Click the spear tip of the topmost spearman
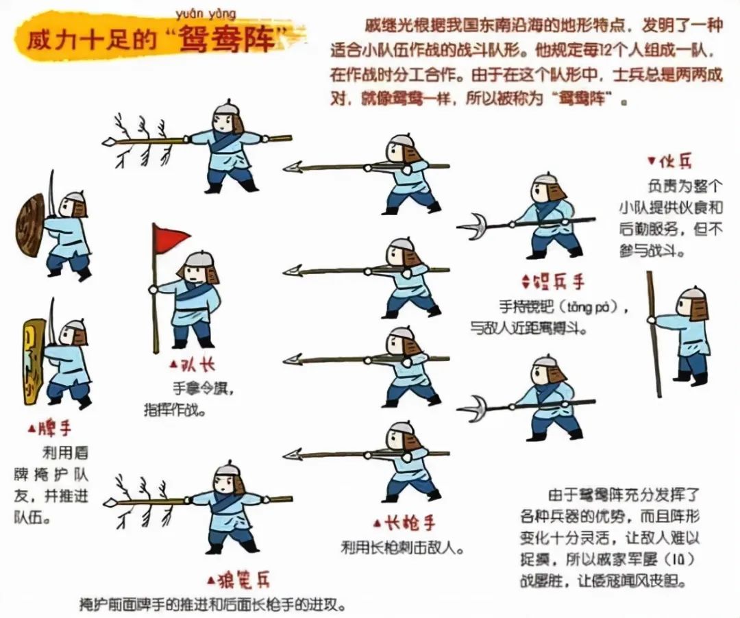tap(293, 166)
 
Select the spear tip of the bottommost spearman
tap(293, 454)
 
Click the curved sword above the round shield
tap(51, 192)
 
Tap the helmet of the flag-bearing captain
tap(199, 259)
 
